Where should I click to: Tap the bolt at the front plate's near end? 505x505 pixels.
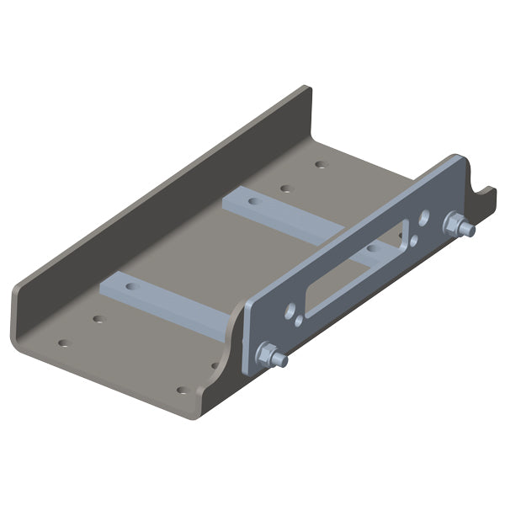click(x=271, y=356)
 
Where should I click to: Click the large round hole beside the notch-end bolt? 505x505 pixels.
click(x=425, y=216)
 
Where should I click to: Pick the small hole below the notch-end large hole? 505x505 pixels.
click(x=415, y=239)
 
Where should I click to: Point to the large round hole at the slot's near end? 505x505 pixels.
click(x=290, y=310)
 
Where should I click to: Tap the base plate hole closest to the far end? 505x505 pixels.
click(x=320, y=163)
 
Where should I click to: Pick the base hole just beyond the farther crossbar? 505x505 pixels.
click(x=285, y=189)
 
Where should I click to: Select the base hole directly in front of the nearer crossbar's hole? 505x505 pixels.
click(x=98, y=319)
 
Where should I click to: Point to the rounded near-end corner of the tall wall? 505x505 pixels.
click(x=20, y=320)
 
